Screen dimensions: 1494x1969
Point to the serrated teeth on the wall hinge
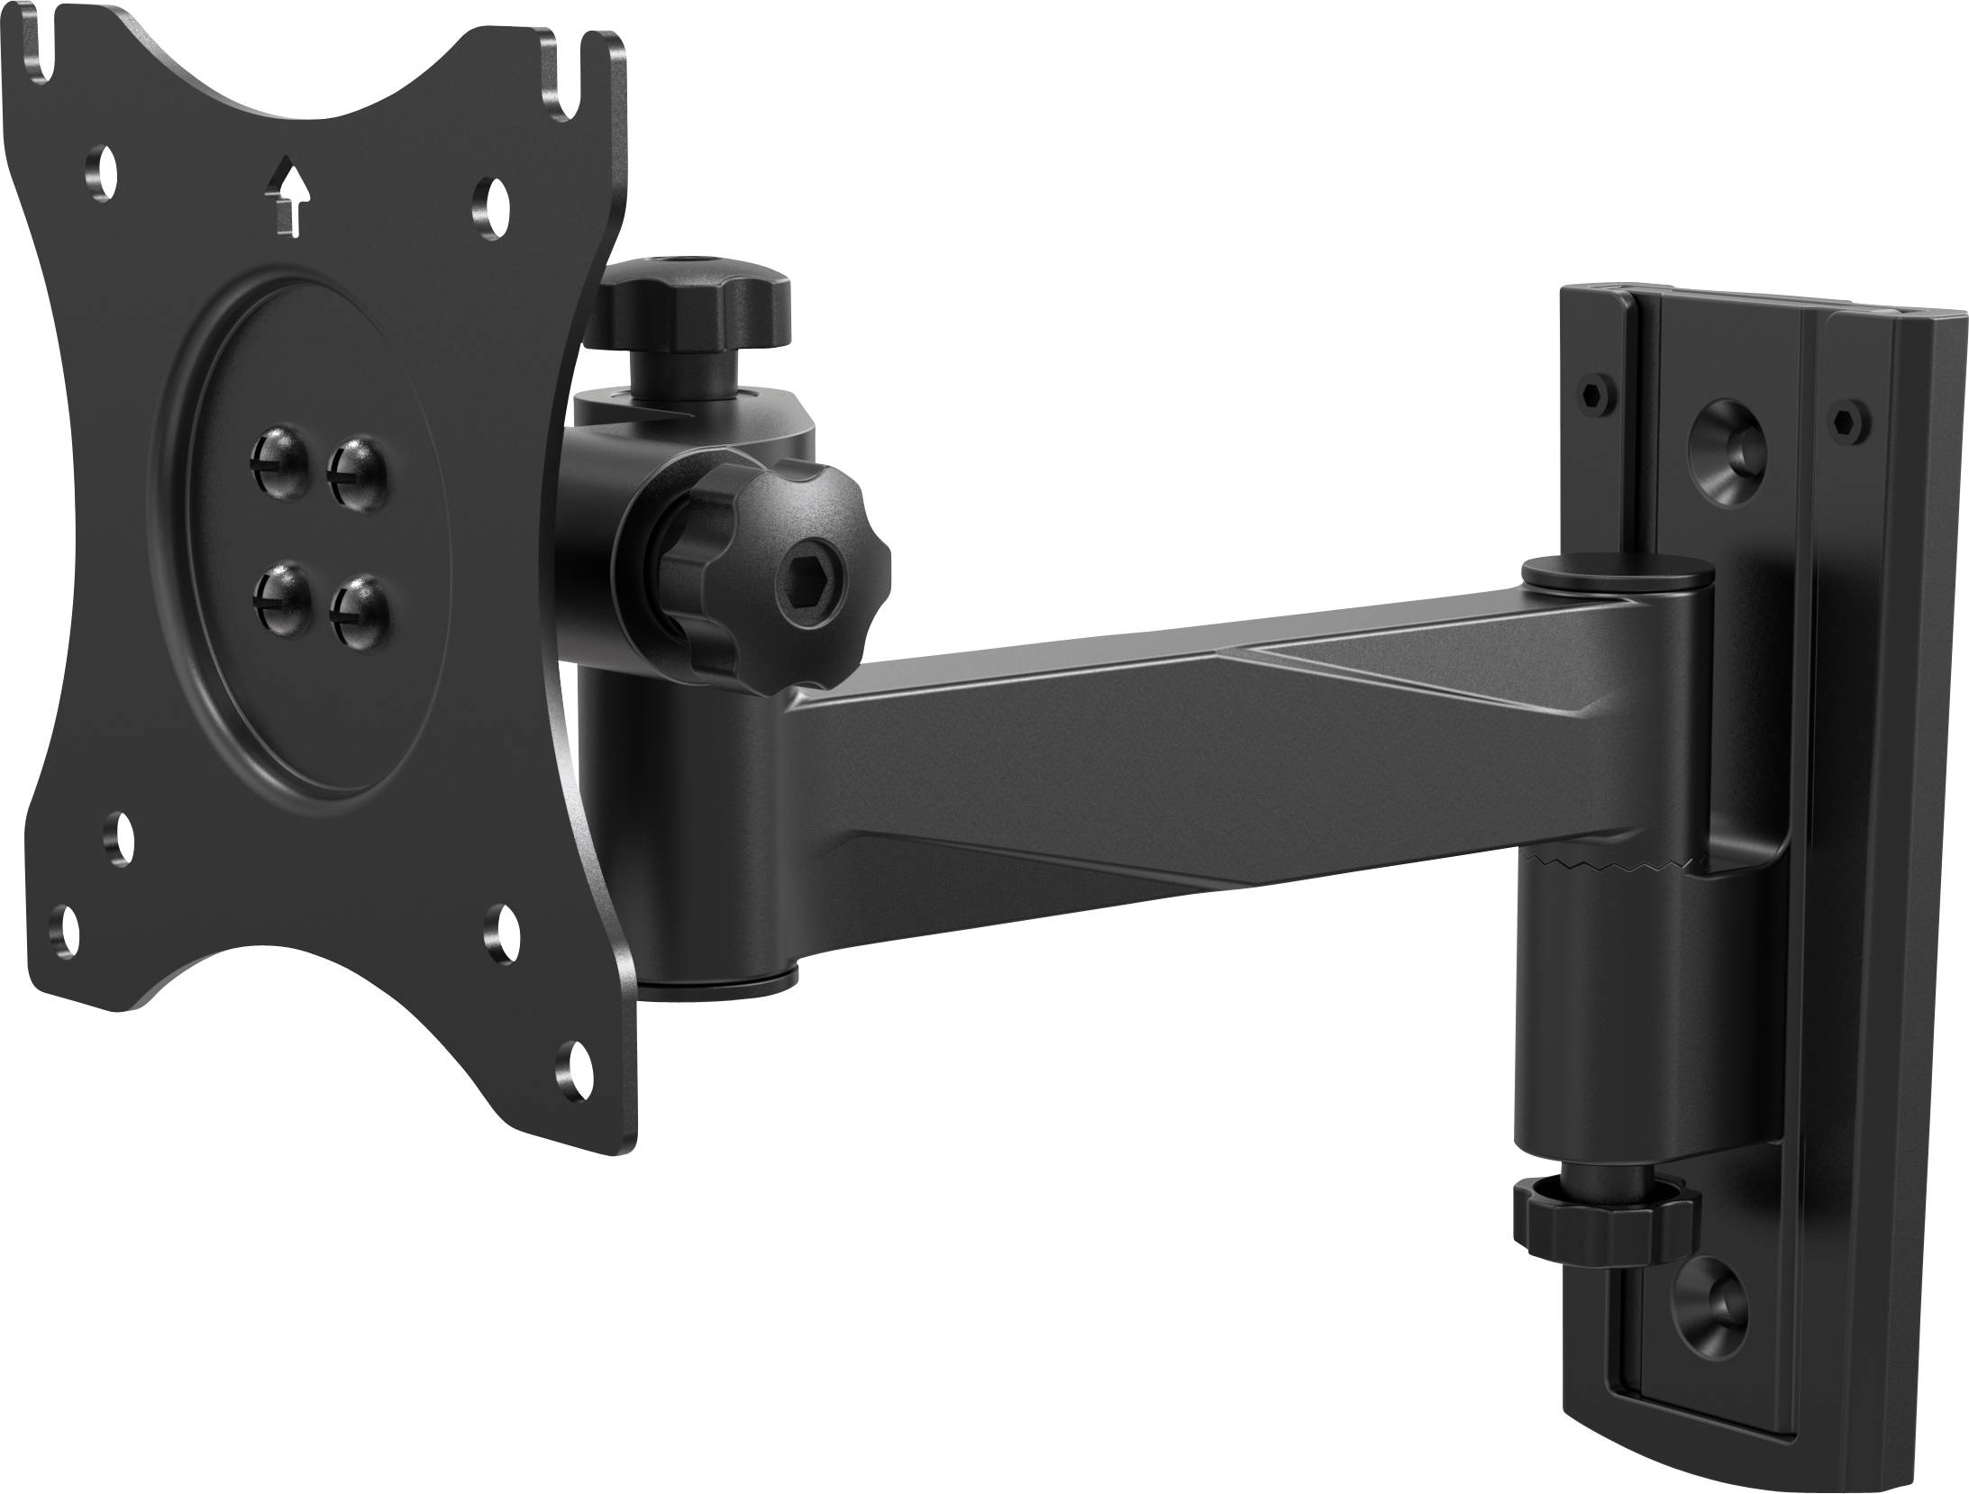click(1595, 866)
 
